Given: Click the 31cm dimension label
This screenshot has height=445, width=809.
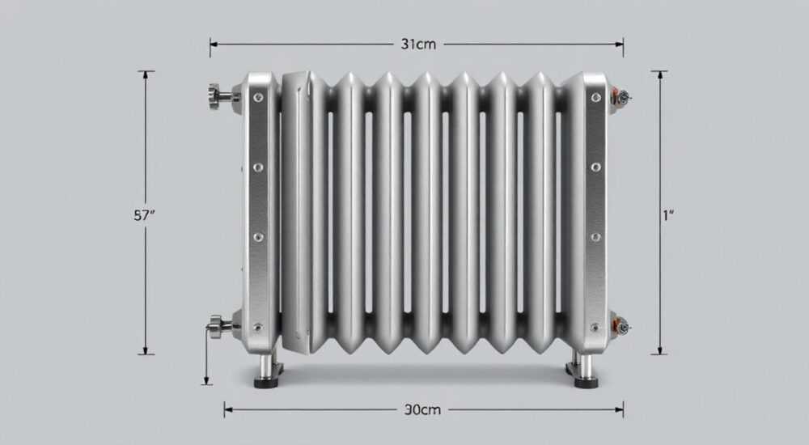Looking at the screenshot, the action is [418, 44].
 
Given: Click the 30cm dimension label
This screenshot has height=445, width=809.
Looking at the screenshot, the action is [422, 410].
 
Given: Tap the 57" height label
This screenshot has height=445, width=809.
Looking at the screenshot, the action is [144, 215].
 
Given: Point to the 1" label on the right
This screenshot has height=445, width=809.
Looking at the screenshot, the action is [668, 215].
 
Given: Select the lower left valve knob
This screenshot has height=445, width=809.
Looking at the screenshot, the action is [215, 326].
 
